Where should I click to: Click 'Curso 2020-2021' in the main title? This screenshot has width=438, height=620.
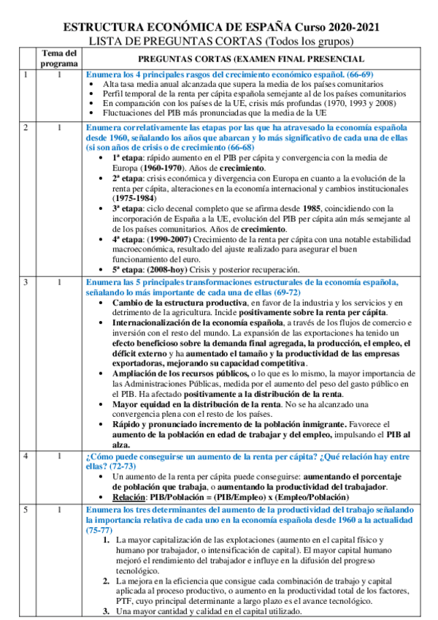pos(337,27)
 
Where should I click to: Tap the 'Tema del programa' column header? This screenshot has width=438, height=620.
pos(59,58)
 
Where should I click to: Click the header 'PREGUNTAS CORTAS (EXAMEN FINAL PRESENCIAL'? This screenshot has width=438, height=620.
pos(251,58)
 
